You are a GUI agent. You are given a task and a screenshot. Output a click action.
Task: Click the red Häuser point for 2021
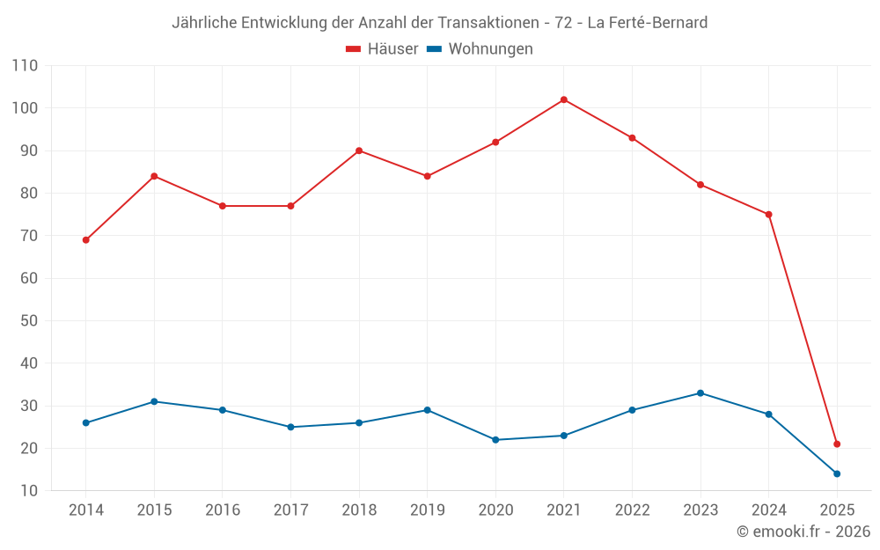pos(563,99)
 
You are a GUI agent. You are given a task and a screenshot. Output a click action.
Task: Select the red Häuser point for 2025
pos(837,444)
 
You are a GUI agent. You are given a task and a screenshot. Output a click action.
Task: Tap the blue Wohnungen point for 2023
pos(700,393)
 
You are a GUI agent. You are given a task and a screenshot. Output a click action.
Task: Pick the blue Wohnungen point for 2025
pos(837,473)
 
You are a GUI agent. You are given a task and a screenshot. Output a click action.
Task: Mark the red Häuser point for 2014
pos(85,240)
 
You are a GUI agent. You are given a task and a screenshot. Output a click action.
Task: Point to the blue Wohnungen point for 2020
pos(495,440)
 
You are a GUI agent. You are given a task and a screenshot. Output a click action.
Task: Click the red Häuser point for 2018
pos(359,150)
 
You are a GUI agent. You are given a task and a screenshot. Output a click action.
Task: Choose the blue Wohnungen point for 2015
pos(154,401)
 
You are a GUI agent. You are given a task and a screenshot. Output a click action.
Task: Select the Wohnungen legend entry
pos(480,49)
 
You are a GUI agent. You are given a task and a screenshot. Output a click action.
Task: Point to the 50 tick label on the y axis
pos(29,321)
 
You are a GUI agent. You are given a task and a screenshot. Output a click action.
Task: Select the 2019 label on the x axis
pos(427,510)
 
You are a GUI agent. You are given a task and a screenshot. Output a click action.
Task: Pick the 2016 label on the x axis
pos(222,510)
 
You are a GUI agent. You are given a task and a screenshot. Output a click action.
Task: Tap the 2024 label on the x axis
pos(768,510)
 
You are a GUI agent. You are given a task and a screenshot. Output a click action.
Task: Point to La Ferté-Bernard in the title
pos(647,23)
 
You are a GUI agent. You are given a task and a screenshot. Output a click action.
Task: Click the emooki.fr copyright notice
pos(803,532)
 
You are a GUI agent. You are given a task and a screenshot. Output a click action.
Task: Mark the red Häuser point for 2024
pos(768,215)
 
